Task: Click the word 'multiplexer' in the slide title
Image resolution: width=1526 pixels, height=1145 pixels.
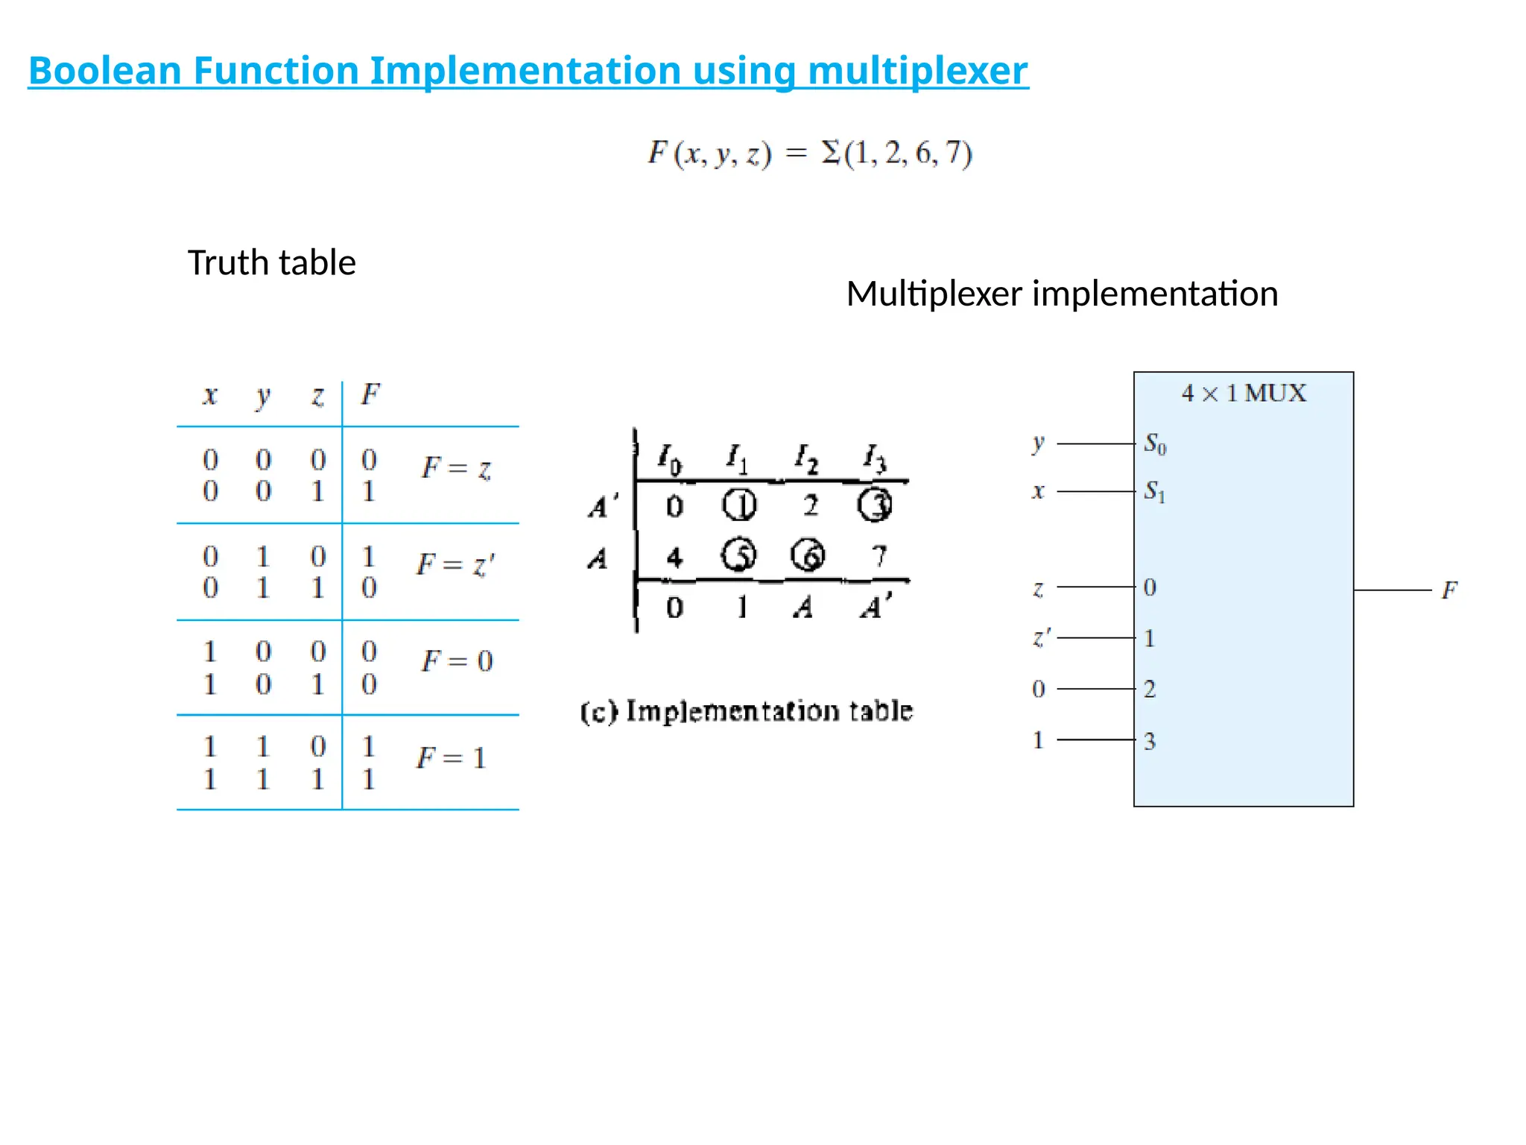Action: tap(917, 71)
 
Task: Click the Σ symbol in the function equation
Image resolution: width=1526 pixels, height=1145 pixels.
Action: tap(831, 153)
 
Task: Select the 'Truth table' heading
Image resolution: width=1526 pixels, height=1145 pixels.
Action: tap(271, 263)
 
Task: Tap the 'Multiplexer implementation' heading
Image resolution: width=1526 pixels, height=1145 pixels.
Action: tap(1062, 294)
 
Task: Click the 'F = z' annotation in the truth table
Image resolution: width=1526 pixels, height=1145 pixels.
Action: tap(456, 468)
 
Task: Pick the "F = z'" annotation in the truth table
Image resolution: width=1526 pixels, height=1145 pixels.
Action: tap(455, 565)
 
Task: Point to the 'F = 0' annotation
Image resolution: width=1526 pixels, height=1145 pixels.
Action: tap(457, 661)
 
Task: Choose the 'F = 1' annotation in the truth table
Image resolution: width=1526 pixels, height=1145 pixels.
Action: tap(451, 758)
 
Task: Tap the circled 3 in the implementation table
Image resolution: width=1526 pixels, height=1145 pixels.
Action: tap(875, 505)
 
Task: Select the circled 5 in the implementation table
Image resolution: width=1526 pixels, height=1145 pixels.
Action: tap(738, 555)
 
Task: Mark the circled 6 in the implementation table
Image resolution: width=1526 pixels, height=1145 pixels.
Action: tap(808, 555)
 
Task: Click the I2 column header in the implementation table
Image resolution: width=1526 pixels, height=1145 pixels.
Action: tap(806, 458)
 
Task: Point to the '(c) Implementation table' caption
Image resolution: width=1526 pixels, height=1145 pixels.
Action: tap(747, 711)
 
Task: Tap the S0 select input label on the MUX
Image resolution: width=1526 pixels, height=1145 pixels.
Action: tap(1155, 444)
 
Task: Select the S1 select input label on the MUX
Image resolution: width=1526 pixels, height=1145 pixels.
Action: tap(1155, 492)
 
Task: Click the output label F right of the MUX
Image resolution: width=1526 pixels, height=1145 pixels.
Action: tap(1449, 590)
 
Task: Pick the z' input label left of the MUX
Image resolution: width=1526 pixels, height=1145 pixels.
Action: tap(1041, 638)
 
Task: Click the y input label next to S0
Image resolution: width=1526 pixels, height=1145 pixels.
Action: tap(1039, 444)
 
